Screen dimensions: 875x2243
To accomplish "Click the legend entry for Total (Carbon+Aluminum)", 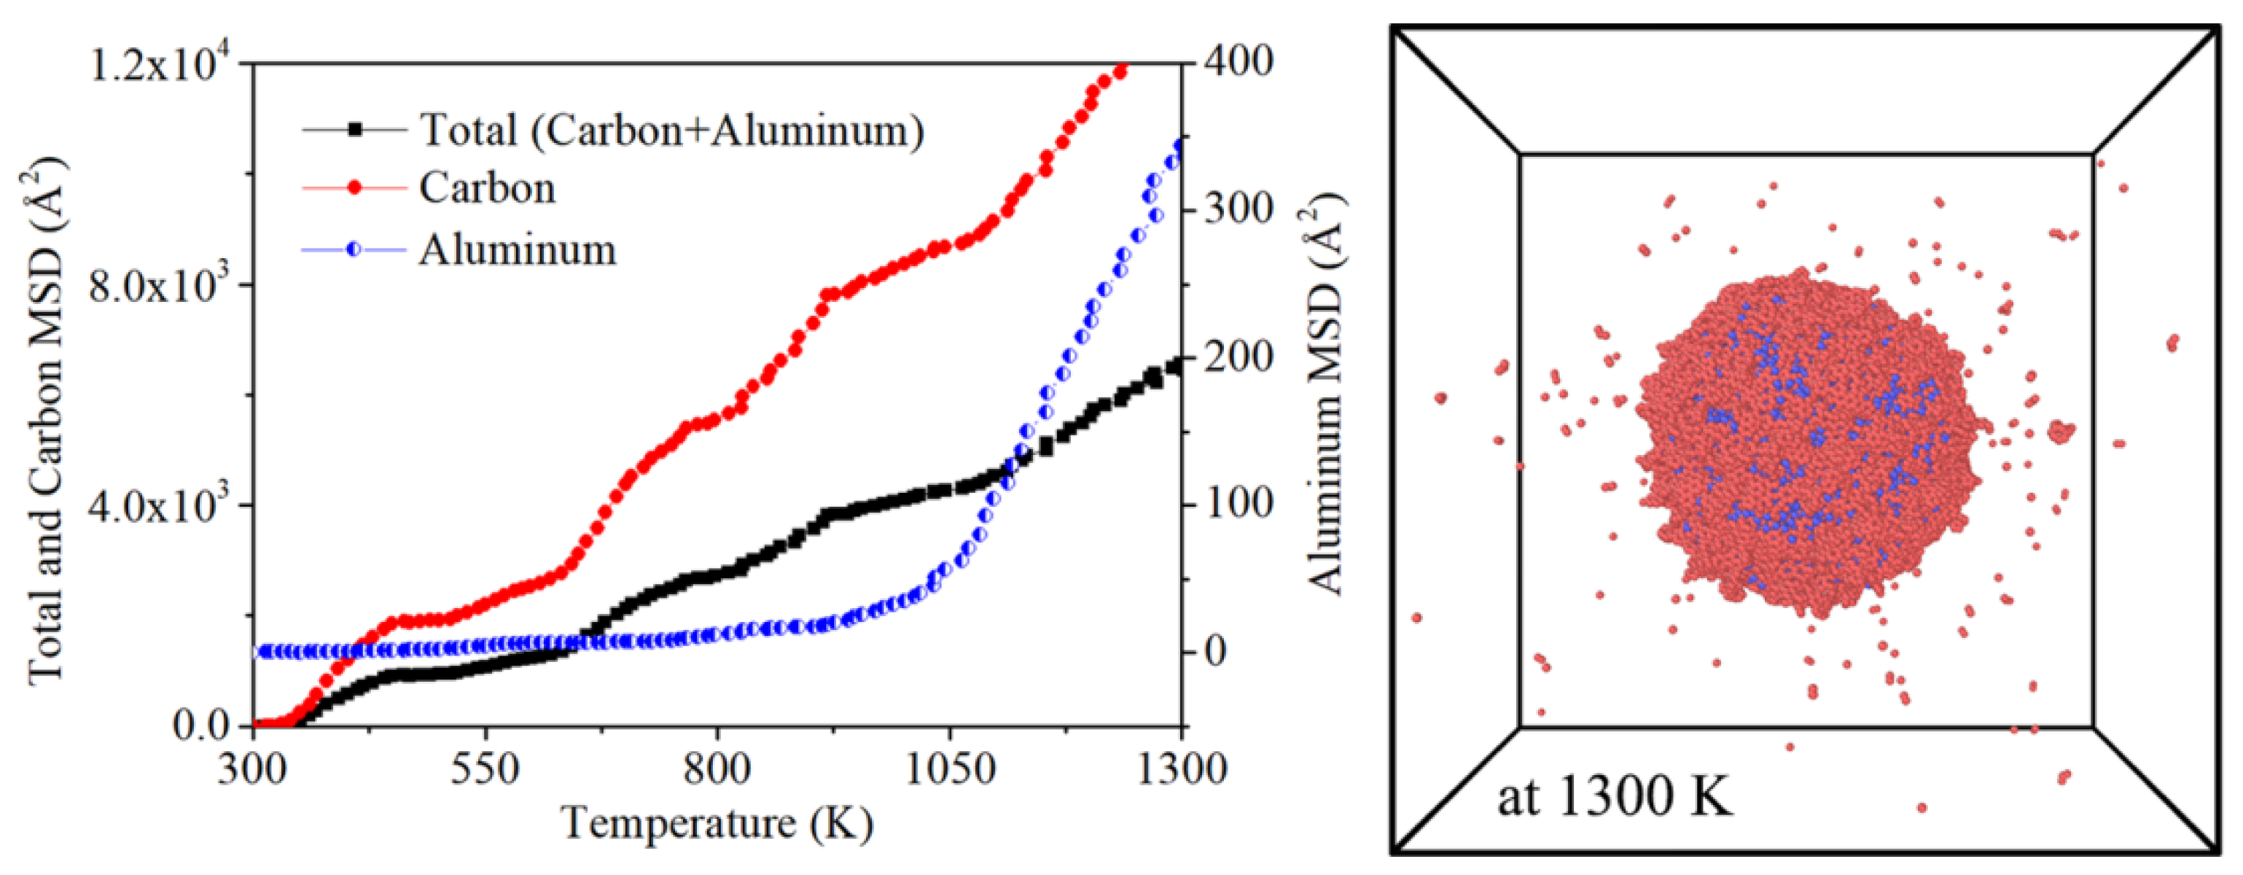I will [671, 131].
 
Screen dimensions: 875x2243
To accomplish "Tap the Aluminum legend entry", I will [518, 251].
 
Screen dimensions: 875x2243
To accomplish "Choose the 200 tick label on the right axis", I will [1238, 357].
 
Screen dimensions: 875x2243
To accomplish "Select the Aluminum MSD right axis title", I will [1327, 392].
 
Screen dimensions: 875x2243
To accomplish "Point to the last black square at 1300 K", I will [1176, 367].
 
